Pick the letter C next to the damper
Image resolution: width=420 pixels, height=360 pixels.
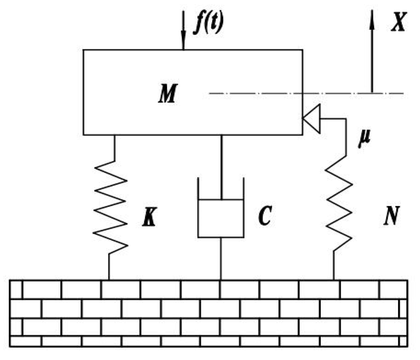pos(264,216)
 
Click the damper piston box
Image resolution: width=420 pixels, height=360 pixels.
pos(221,218)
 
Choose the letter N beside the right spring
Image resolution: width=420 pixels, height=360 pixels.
pos(391,216)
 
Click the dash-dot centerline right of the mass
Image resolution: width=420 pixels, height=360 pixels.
pos(353,93)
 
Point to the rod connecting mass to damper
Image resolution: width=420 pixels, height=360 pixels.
pos(221,166)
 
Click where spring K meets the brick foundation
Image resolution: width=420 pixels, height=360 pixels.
pos(109,280)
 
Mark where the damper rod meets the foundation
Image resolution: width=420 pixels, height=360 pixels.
pos(221,280)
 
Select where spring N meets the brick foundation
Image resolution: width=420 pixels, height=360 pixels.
pos(334,280)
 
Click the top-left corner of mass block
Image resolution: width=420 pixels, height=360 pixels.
pos(84,50)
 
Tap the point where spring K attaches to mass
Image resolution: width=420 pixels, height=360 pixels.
pos(114,135)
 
